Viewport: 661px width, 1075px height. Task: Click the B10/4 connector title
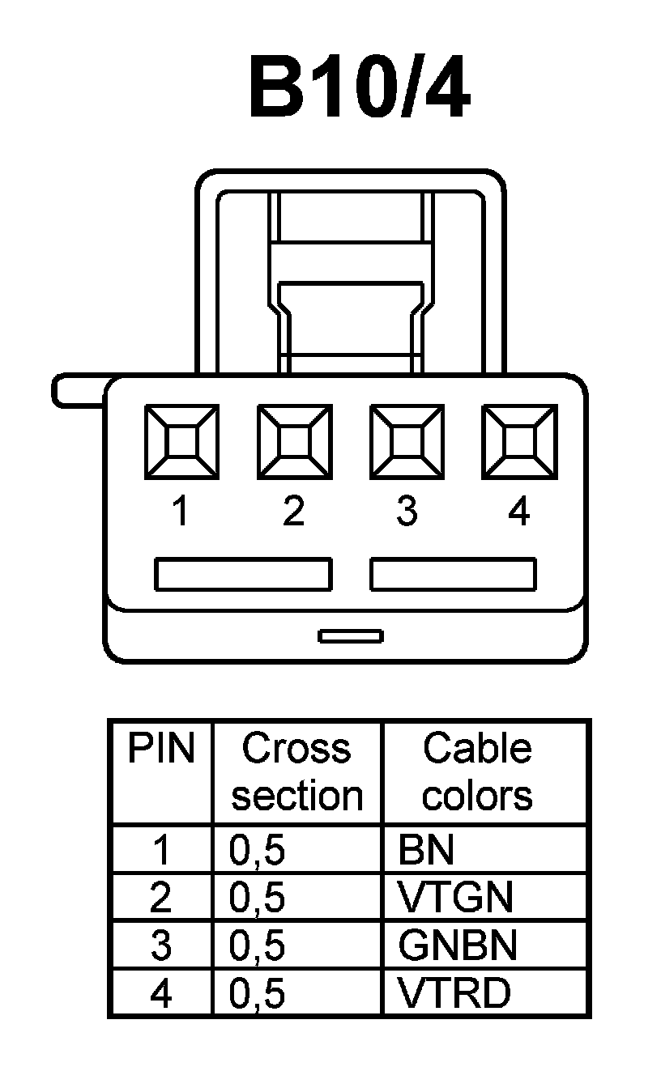[x=359, y=88]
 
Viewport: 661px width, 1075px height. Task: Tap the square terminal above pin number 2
[x=293, y=442]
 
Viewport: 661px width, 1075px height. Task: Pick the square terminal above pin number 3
[x=406, y=442]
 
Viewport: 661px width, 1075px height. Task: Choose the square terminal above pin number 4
[x=518, y=442]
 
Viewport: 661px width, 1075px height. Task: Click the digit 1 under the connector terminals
[x=181, y=512]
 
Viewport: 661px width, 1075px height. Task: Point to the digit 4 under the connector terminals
[x=518, y=512]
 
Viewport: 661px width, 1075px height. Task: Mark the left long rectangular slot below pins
[x=243, y=574]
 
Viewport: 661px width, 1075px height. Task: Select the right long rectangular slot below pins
[x=453, y=574]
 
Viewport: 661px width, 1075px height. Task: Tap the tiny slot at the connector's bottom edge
[x=351, y=636]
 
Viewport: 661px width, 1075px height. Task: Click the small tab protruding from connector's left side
[x=77, y=391]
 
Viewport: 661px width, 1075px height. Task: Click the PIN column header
[x=161, y=750]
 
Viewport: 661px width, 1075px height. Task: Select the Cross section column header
[x=296, y=772]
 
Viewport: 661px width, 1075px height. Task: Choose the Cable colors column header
[x=477, y=772]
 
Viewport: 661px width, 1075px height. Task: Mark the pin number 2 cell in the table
[x=161, y=898]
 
